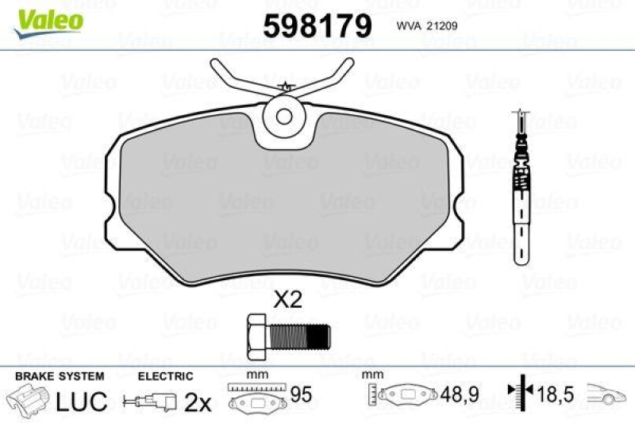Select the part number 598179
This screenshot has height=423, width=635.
tap(317, 27)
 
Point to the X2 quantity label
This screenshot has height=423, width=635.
tap(288, 300)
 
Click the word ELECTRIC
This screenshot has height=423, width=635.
tap(166, 376)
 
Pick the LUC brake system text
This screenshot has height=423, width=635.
tap(81, 402)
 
